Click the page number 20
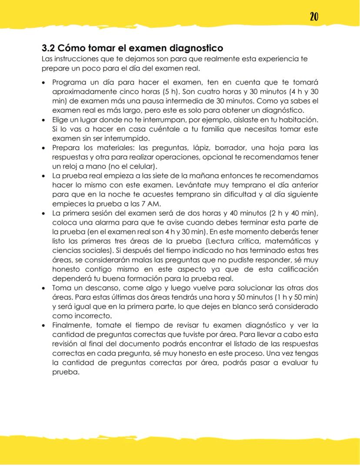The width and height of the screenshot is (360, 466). pyautogui.click(x=314, y=17)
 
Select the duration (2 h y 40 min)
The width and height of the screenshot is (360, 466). pyautogui.click(x=287, y=213)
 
